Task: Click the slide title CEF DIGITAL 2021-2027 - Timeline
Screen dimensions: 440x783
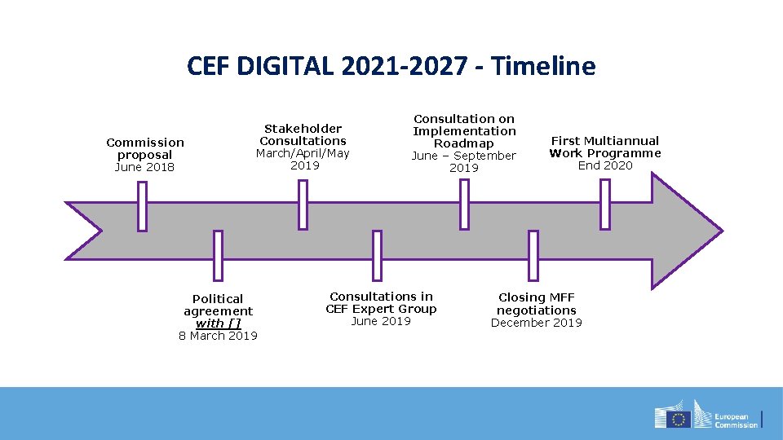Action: coord(391,66)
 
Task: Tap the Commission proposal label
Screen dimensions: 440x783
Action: coord(145,148)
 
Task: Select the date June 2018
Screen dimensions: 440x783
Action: coord(145,167)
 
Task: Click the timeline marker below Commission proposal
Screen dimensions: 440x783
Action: coord(142,206)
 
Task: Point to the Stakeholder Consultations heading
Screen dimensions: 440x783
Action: coord(303,134)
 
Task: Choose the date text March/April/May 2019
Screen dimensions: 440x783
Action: coord(303,159)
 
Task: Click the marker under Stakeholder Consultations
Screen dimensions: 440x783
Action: coord(303,205)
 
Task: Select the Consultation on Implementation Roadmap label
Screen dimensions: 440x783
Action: coord(464,131)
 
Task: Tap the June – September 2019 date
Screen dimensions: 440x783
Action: coord(464,161)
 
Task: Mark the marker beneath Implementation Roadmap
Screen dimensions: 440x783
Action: coord(464,204)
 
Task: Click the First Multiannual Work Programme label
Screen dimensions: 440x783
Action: coord(604,147)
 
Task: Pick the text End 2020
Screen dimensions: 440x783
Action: coord(604,165)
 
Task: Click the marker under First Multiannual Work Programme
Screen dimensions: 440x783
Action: coord(604,204)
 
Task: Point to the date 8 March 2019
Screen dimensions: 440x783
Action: coord(218,336)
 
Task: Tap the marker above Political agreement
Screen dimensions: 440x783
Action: coord(218,255)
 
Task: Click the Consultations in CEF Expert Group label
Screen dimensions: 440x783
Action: coord(381,302)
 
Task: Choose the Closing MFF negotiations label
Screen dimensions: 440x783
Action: coord(537,304)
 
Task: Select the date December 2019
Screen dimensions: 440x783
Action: coord(537,323)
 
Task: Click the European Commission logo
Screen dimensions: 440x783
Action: coord(706,415)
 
